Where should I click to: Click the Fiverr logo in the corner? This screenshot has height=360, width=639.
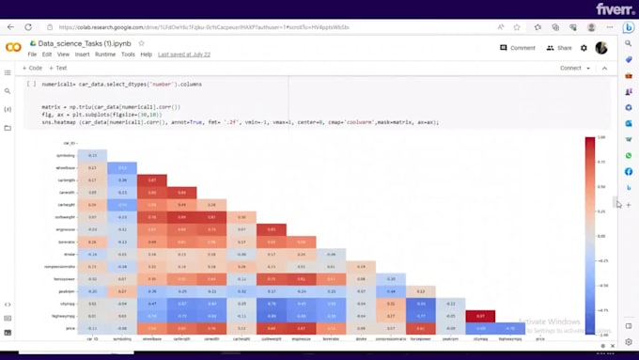(x=609, y=8)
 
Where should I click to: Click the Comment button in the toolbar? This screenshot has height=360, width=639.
(x=518, y=47)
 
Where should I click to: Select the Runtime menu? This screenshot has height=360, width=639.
(x=104, y=55)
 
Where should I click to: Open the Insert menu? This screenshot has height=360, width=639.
(x=82, y=55)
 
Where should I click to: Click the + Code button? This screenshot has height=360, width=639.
(x=33, y=68)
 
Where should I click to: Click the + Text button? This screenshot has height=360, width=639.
(x=58, y=68)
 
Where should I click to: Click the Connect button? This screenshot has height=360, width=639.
(x=570, y=68)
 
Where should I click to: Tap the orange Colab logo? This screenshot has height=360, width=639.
(x=13, y=47)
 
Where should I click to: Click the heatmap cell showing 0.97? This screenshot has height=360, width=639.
(x=480, y=316)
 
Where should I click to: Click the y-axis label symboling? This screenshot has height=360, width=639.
(x=67, y=155)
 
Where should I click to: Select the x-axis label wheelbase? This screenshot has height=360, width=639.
(x=152, y=337)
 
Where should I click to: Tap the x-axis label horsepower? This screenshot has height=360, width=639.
(x=421, y=337)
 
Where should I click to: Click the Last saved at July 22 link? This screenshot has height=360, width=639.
(x=184, y=55)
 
